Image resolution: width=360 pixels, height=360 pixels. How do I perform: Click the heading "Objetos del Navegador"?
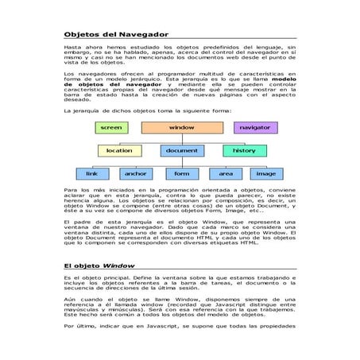click(x=116, y=34)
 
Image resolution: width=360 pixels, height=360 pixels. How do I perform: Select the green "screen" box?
click(x=111, y=127)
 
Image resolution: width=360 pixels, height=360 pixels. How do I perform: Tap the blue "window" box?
click(x=182, y=127)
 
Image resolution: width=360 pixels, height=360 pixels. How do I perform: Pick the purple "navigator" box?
click(x=254, y=127)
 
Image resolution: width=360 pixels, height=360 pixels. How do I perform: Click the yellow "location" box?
click(x=119, y=150)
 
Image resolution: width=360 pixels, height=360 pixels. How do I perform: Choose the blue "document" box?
click(x=182, y=150)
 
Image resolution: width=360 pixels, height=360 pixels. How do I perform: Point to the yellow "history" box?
click(x=244, y=150)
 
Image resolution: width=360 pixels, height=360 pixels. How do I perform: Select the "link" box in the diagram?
click(x=91, y=173)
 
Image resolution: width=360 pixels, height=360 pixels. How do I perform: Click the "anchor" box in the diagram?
click(x=135, y=173)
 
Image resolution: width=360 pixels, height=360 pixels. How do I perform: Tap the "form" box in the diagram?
click(x=182, y=173)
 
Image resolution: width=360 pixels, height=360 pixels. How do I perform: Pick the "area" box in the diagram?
click(x=226, y=173)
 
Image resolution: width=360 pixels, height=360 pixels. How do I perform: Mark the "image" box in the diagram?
click(x=266, y=173)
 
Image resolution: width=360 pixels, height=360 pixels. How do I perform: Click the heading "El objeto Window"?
click(x=99, y=265)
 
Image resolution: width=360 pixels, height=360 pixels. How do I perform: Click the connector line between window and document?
click(x=182, y=138)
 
